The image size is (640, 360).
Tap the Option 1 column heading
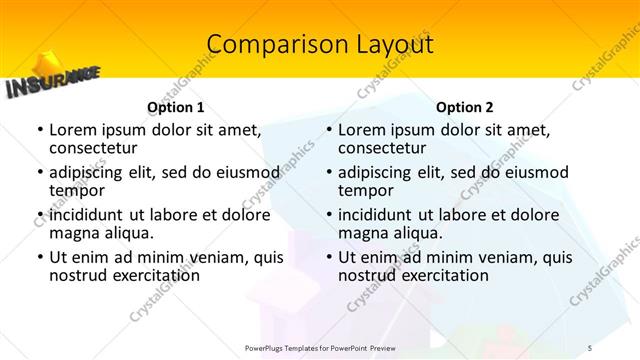[175, 107]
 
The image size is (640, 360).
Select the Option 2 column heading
[465, 107]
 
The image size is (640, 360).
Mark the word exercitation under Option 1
[149, 275]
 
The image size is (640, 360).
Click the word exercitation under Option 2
[438, 275]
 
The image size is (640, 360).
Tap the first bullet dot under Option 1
[39, 130]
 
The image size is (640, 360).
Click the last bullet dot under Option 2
[328, 257]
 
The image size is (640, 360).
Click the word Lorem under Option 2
[362, 130]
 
